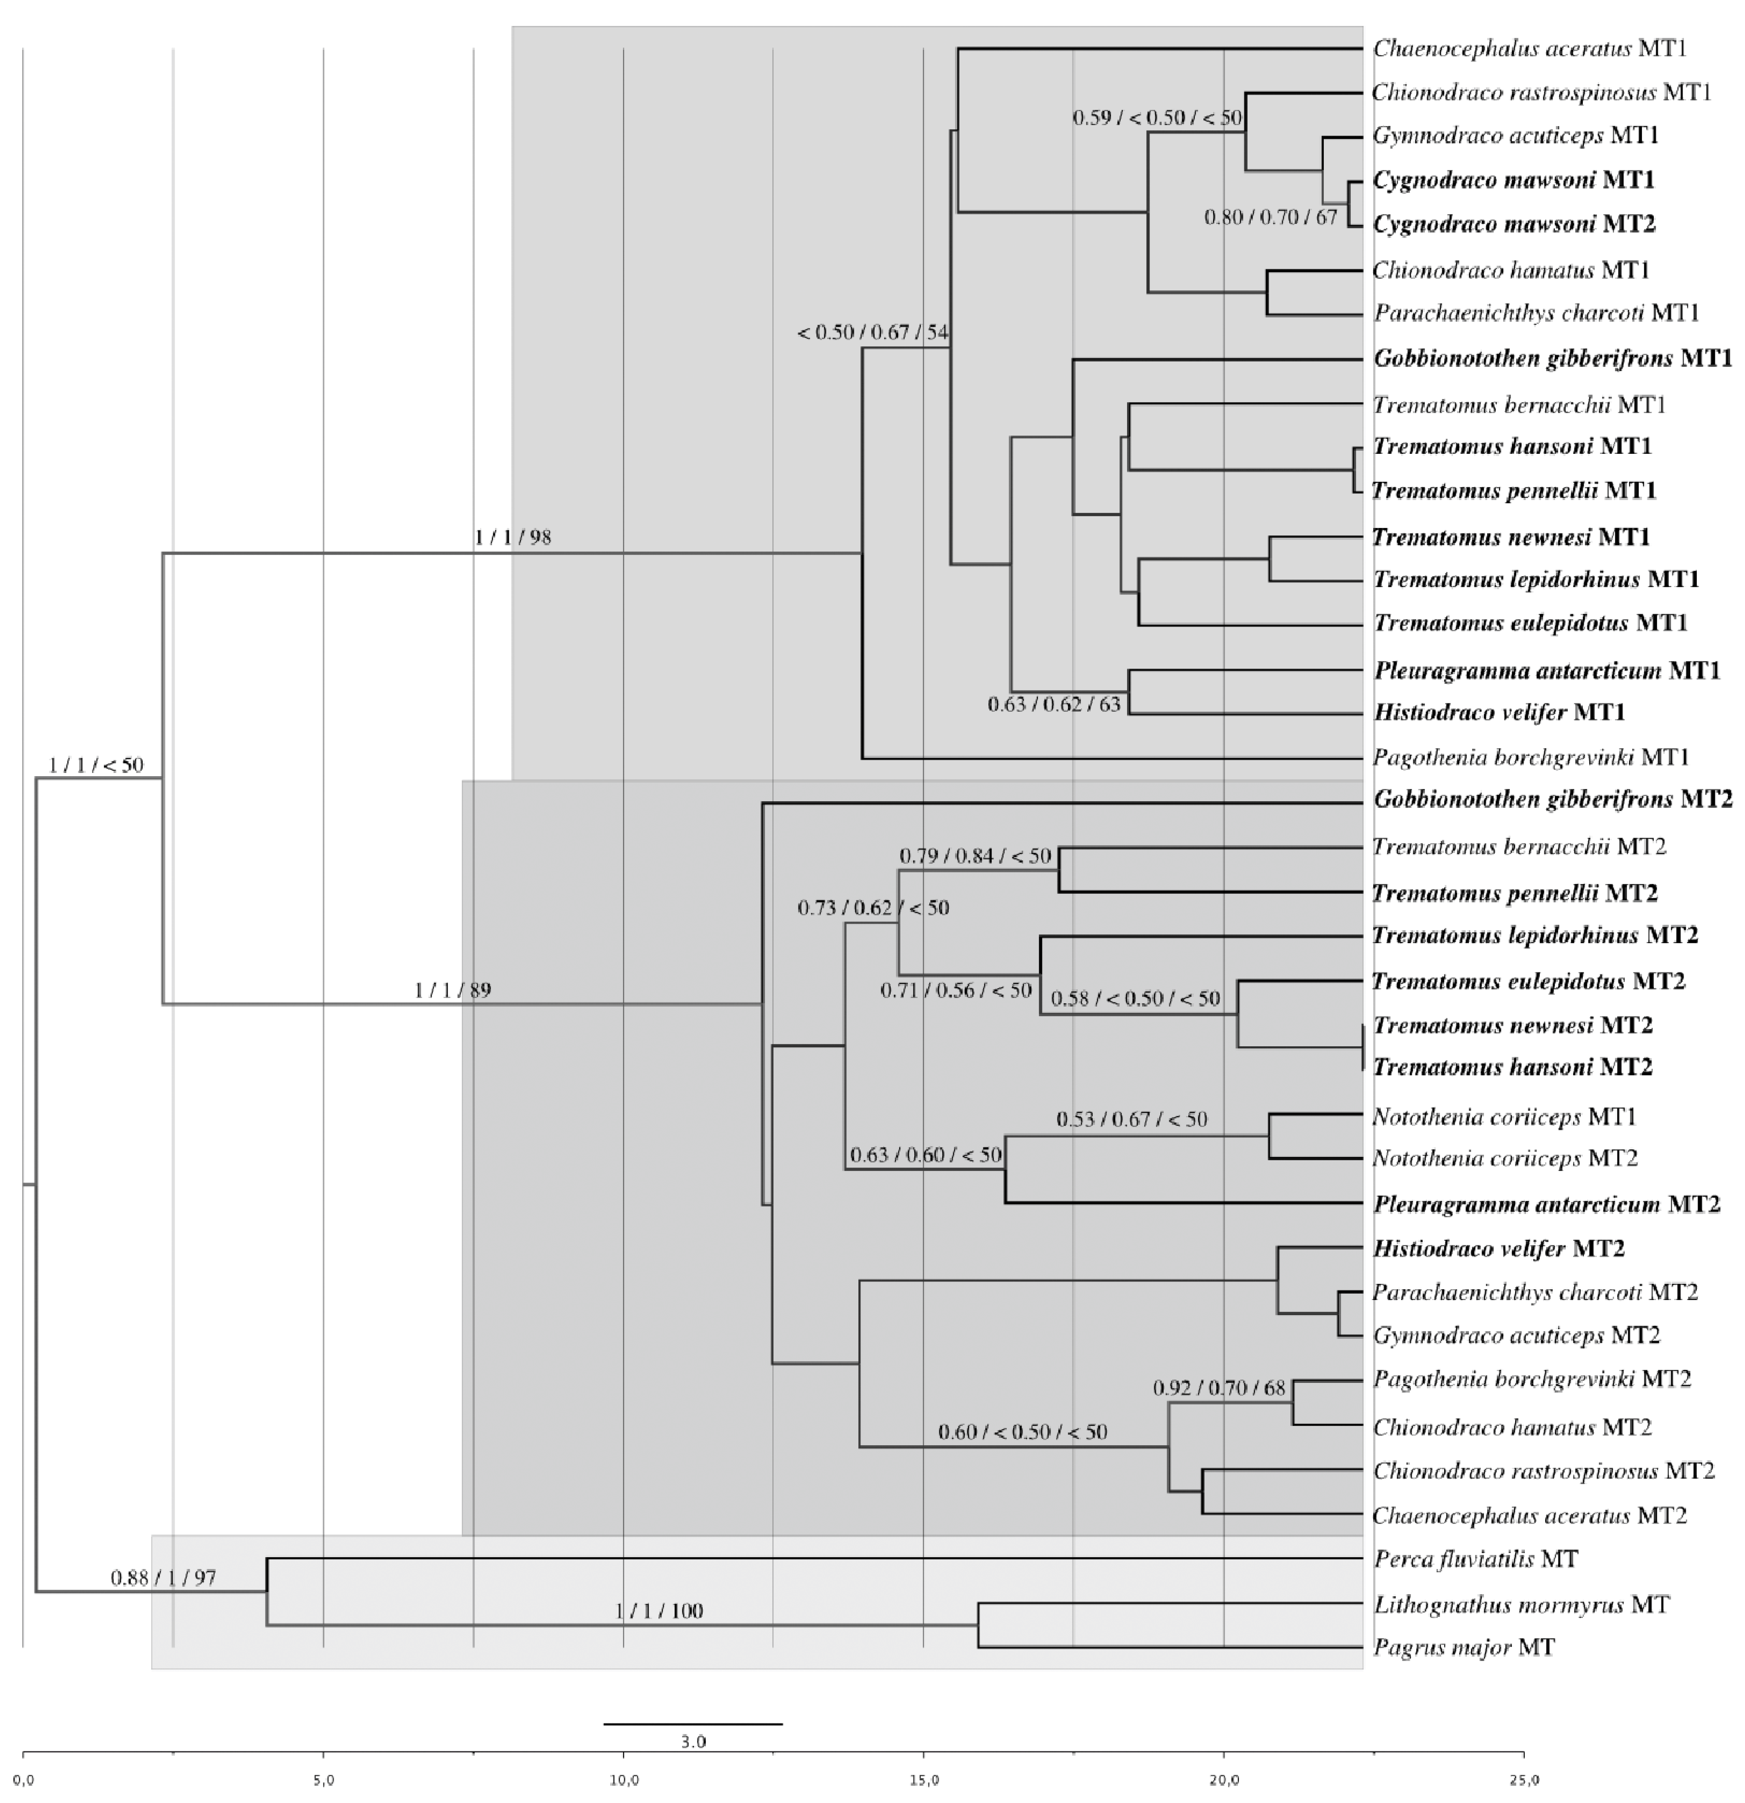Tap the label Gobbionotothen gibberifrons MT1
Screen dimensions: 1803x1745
click(x=1553, y=358)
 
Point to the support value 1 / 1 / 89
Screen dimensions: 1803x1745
click(x=452, y=990)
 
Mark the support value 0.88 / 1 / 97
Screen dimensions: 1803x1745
click(x=164, y=1578)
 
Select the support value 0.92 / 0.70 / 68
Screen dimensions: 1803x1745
click(x=1219, y=1387)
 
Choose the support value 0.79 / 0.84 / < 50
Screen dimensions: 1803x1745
click(x=975, y=856)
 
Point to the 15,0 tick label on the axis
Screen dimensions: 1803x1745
click(x=924, y=1780)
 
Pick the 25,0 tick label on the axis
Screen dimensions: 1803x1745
click(x=1523, y=1780)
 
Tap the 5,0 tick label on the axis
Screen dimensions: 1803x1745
click(x=323, y=1780)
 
